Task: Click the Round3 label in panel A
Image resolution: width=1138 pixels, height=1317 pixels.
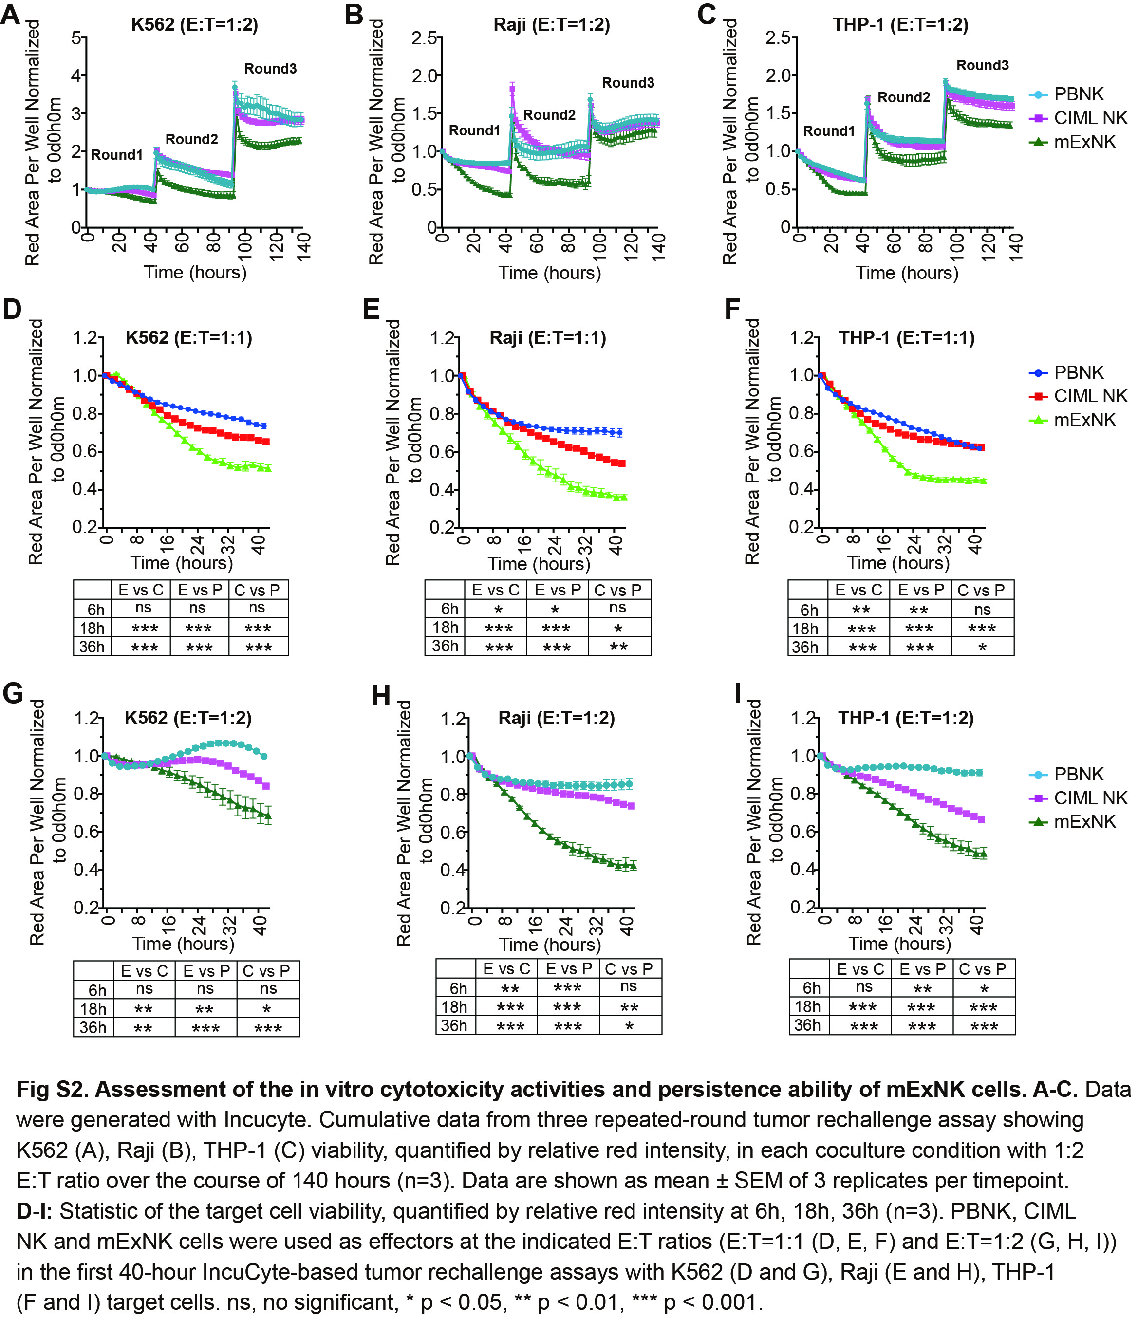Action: click(270, 69)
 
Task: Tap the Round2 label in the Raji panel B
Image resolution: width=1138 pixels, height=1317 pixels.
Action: click(549, 115)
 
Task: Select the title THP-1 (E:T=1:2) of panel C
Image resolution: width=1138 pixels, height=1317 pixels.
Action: click(900, 25)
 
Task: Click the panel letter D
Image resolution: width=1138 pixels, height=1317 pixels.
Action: click(12, 310)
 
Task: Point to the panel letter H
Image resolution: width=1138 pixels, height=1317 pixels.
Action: click(381, 697)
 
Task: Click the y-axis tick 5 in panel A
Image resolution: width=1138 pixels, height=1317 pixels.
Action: click(76, 38)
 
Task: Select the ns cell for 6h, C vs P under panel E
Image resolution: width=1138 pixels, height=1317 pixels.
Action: click(618, 608)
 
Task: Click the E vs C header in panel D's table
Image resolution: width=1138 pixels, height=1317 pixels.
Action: click(141, 590)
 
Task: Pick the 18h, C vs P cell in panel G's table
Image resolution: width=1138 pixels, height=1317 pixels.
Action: click(267, 1009)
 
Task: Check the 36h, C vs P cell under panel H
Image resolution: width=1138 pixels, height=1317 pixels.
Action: click(630, 1026)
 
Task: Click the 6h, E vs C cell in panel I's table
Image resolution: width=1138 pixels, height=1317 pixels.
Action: click(863, 986)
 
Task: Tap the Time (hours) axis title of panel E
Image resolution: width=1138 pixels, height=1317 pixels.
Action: click(539, 564)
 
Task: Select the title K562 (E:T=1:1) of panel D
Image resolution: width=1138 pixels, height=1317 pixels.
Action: click(189, 337)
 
